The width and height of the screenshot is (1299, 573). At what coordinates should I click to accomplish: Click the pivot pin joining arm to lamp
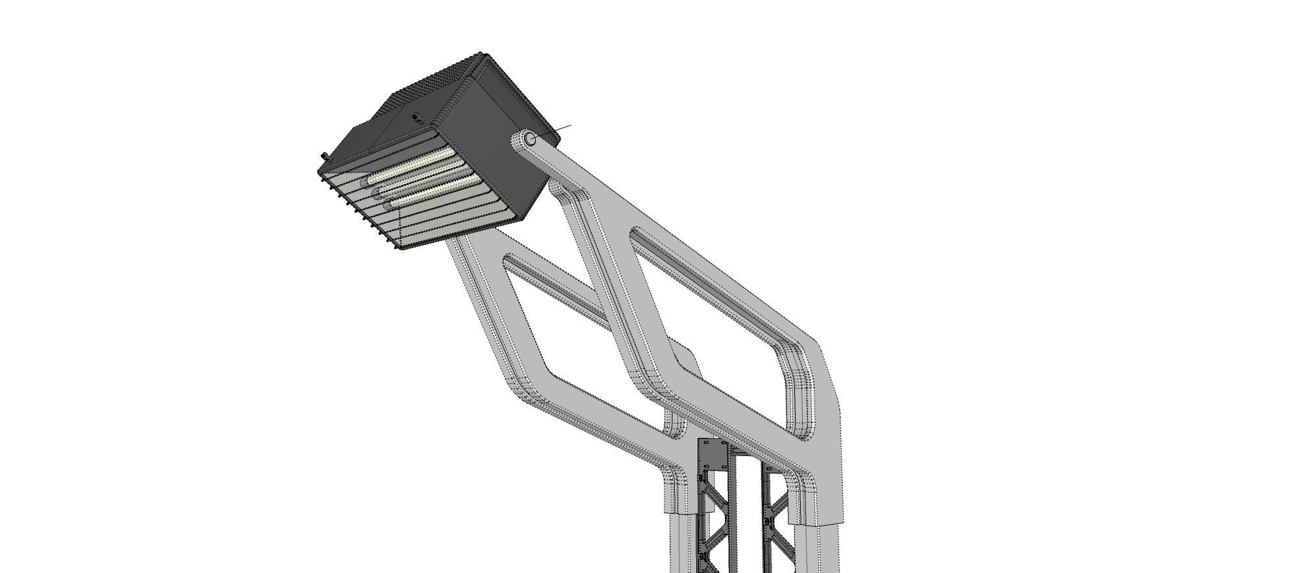point(530,138)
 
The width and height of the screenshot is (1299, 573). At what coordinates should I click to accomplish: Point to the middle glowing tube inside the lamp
point(422,181)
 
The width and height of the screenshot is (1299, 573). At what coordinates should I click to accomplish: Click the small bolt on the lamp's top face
point(417,118)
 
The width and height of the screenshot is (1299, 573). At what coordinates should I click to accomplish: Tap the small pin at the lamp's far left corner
point(325,157)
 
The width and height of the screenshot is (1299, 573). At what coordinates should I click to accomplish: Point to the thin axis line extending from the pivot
point(559,130)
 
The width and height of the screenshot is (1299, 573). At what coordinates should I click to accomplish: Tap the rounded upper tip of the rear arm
point(557,188)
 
